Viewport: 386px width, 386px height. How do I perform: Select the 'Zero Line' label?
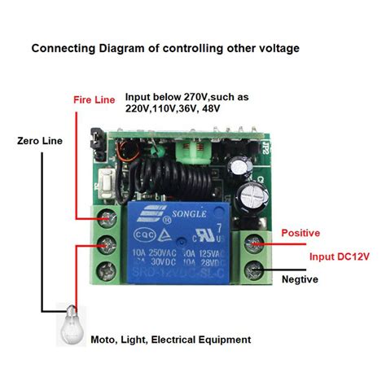[x=40, y=141]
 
